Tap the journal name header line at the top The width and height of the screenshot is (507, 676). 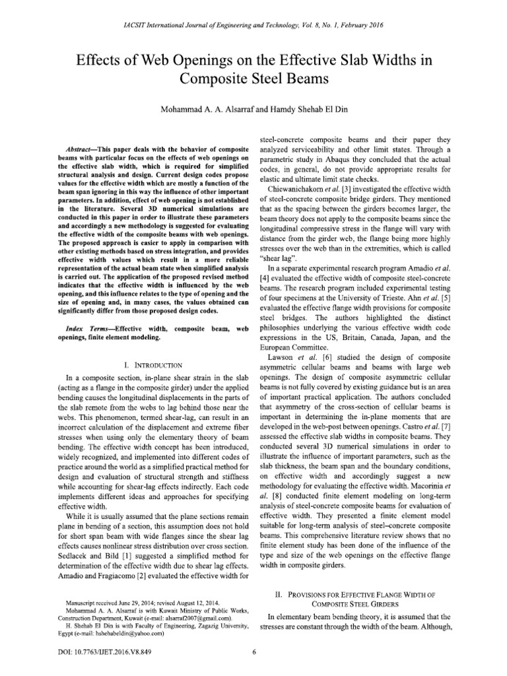(253, 25)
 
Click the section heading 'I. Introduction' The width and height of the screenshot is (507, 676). (149, 364)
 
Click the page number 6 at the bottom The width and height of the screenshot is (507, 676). (254, 654)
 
